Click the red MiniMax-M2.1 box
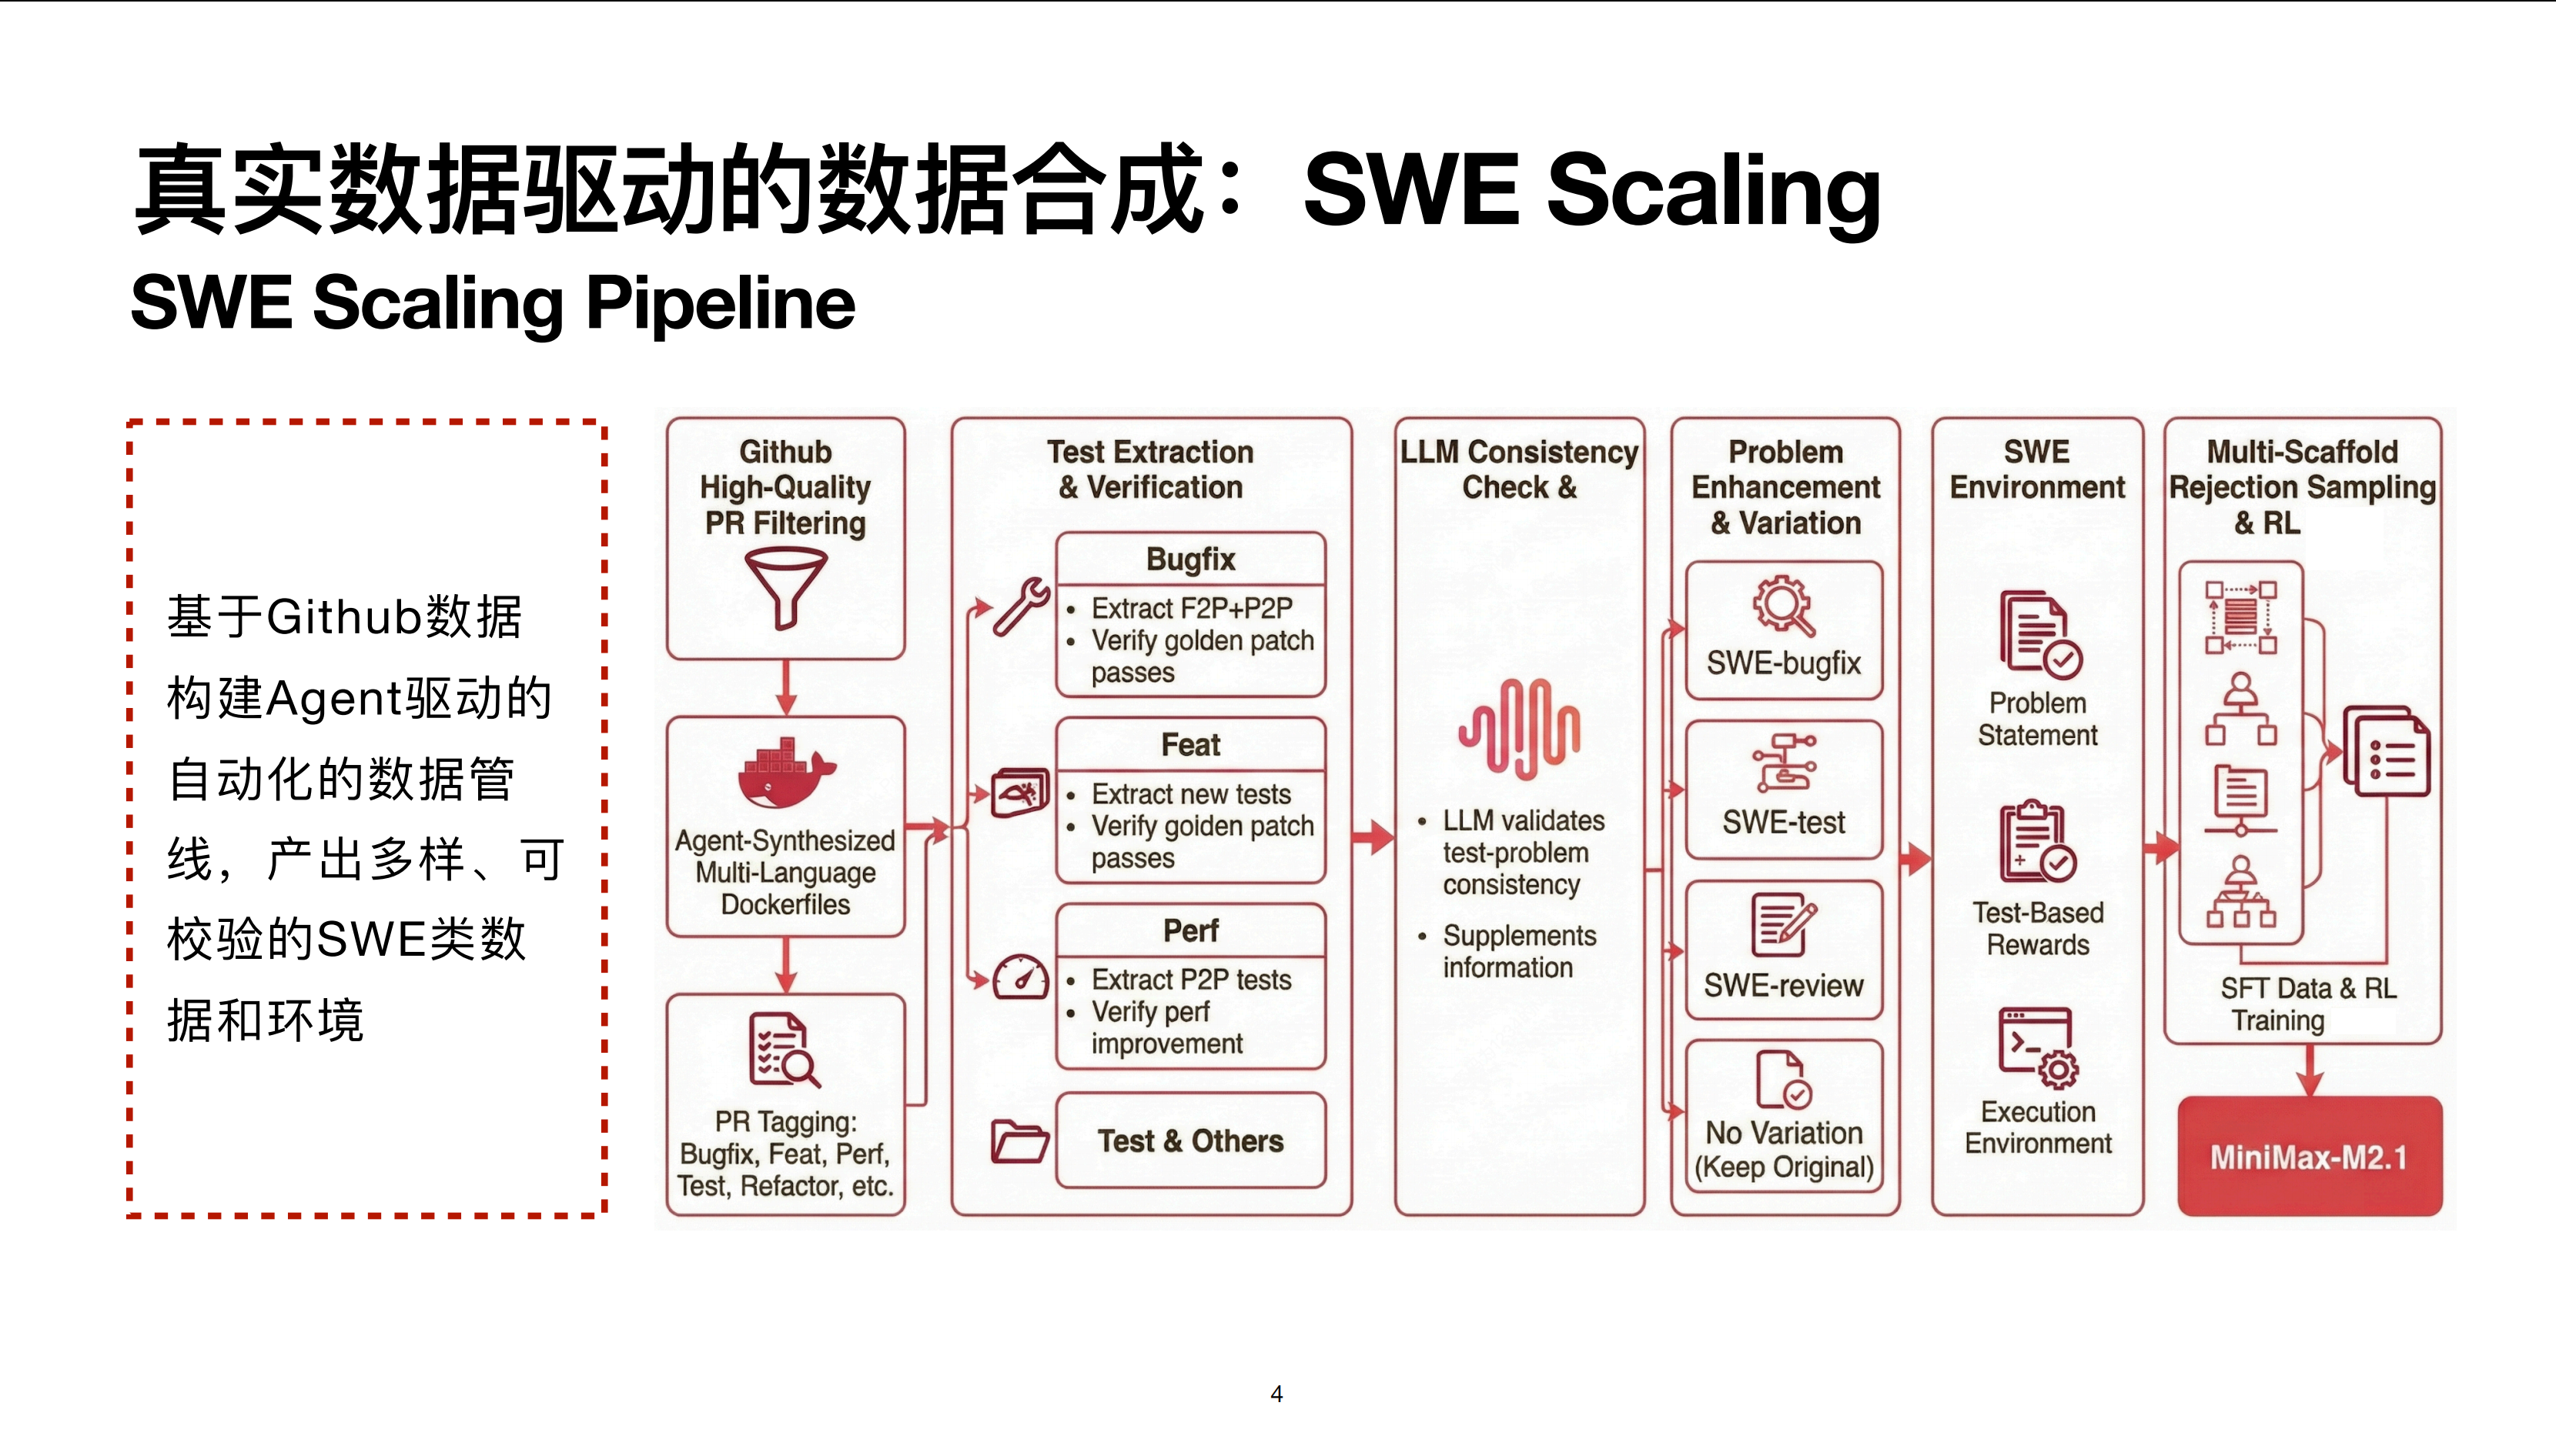pyautogui.click(x=2309, y=1157)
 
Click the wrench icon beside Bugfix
pyautogui.click(x=1022, y=606)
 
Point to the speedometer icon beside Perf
pyautogui.click(x=1021, y=978)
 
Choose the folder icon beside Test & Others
pyautogui.click(x=1019, y=1141)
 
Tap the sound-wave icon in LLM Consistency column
pyautogui.click(x=1519, y=729)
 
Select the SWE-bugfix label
pyautogui.click(x=1783, y=663)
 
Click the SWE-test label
pyautogui.click(x=1783, y=822)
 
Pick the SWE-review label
pyautogui.click(x=1783, y=985)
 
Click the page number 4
pyautogui.click(x=1277, y=1394)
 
